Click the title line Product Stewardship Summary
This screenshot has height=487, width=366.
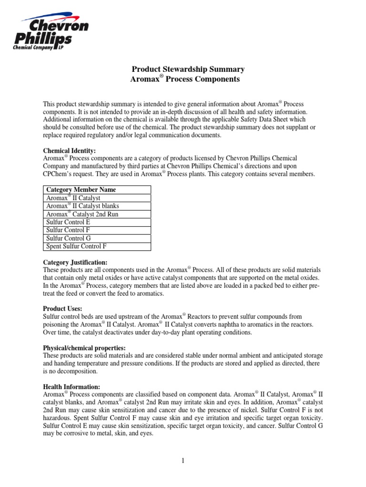tap(185, 69)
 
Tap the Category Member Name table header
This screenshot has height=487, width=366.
tap(81, 190)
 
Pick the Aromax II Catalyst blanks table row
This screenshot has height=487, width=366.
tap(82, 206)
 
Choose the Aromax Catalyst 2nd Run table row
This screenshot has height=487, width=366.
tap(82, 214)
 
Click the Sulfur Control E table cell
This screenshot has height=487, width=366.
tap(68, 222)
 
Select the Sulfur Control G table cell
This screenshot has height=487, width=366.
tap(68, 238)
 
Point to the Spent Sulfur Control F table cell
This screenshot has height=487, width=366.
tap(77, 246)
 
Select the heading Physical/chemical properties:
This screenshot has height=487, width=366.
tap(84, 347)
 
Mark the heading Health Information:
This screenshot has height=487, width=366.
tap(71, 387)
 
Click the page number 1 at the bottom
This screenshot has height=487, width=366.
tap(183, 461)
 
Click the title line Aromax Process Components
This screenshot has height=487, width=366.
tap(185, 79)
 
